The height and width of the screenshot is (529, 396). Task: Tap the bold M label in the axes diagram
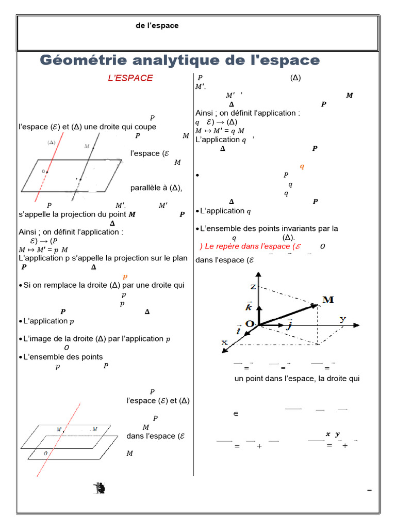327,300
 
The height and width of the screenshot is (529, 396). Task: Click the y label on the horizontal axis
343,319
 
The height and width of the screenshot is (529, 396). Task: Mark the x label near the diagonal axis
225,342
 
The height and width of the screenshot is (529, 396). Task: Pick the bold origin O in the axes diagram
250,323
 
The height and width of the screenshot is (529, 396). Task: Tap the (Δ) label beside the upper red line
52,142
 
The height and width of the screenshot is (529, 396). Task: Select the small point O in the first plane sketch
46,172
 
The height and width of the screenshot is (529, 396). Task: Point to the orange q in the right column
302,166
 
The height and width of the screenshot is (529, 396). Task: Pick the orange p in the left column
125,276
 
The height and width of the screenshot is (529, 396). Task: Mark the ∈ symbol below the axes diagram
236,414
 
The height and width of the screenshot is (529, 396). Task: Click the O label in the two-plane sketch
46,453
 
